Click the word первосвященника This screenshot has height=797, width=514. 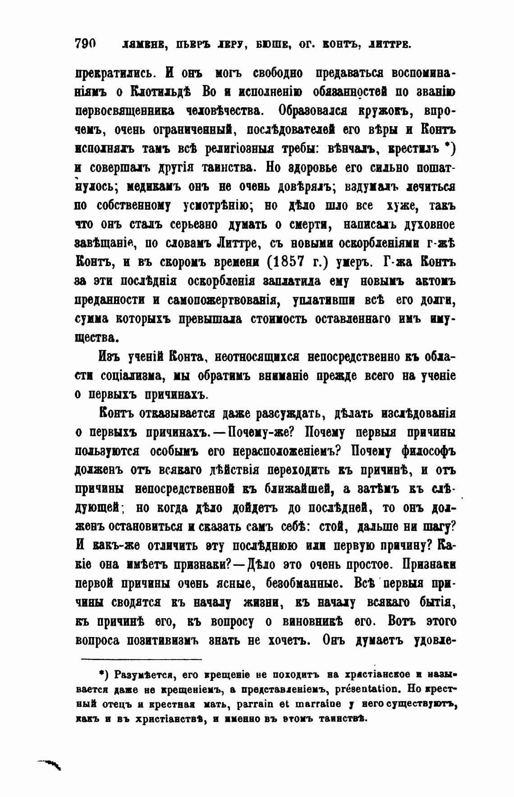(121, 110)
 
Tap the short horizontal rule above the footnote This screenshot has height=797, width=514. (141, 659)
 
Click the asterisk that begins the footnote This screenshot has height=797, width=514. (102, 674)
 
